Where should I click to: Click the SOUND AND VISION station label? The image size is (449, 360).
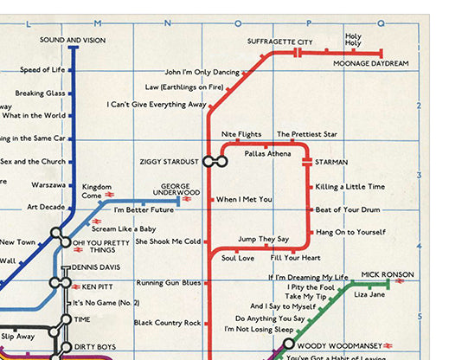(72, 40)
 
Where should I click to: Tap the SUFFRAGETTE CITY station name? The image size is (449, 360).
(280, 42)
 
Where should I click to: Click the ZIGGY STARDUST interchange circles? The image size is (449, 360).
(215, 161)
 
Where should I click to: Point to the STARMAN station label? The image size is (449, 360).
(331, 162)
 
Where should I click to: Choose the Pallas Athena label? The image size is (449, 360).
(268, 153)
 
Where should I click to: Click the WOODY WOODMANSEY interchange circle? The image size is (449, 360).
(289, 344)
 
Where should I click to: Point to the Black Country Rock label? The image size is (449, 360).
(167, 323)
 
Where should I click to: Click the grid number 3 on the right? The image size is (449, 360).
(420, 175)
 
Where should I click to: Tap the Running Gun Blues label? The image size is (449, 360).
(169, 283)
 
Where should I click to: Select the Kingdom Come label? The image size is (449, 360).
(97, 191)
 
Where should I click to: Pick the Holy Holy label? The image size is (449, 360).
(353, 40)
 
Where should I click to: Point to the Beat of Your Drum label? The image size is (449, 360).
(348, 209)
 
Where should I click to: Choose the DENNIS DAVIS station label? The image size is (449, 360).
(96, 267)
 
